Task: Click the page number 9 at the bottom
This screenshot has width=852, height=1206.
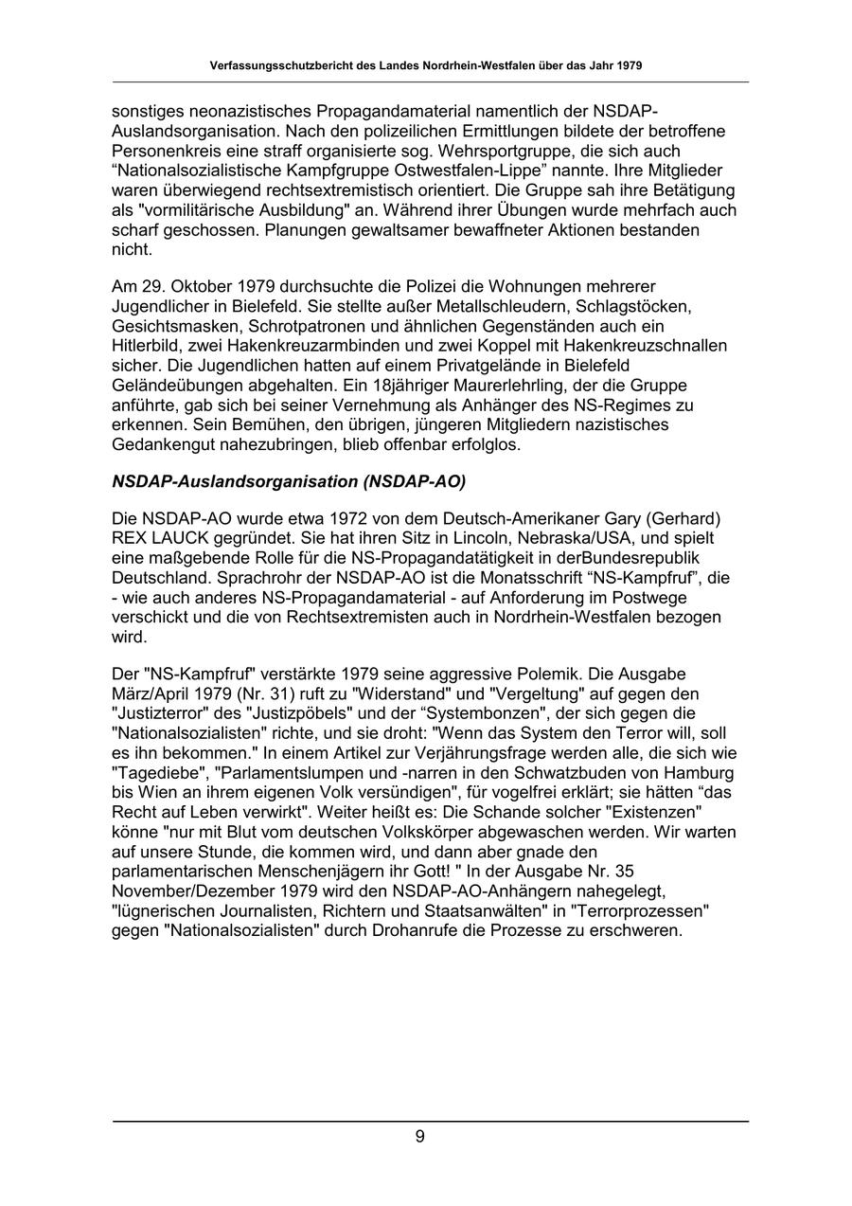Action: coord(419,1137)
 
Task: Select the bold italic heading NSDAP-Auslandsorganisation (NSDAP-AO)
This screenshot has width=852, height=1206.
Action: coord(289,481)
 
